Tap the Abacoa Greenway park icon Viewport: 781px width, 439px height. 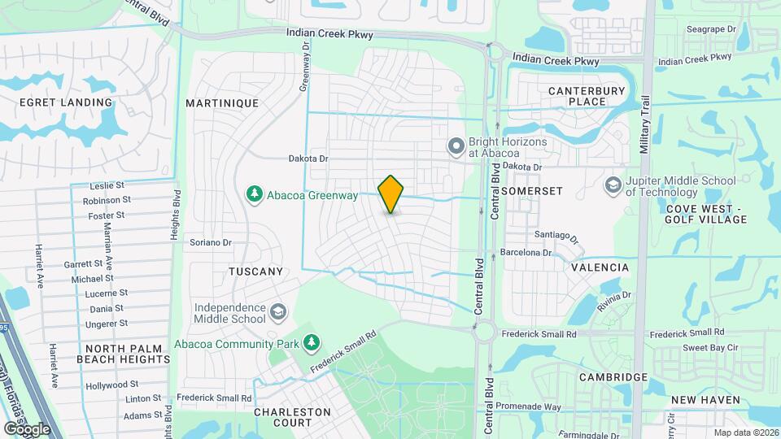[x=254, y=193]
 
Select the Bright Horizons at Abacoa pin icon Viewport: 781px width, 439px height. [x=456, y=146]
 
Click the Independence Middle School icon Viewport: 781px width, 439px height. [x=278, y=312]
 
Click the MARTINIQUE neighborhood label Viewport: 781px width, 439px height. [x=222, y=103]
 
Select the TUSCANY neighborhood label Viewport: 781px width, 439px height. [x=255, y=272]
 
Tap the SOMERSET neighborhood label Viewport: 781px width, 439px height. [x=532, y=190]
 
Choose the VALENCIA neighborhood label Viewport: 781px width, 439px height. [x=600, y=267]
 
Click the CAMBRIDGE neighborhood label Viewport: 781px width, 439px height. [x=613, y=377]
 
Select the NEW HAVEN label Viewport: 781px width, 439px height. [x=706, y=400]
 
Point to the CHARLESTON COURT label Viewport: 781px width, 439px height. [x=293, y=417]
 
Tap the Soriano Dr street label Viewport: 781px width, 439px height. [x=211, y=242]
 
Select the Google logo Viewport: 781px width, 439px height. [x=27, y=428]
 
